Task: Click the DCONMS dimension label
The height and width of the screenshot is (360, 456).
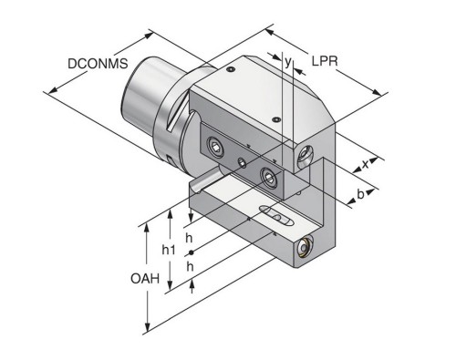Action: [x=98, y=64]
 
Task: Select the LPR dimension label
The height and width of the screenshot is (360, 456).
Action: [x=325, y=61]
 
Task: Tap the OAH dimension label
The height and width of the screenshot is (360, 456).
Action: [x=145, y=278]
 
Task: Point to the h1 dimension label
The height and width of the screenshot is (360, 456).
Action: [x=169, y=250]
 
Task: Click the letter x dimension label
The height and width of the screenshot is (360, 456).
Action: [x=365, y=164]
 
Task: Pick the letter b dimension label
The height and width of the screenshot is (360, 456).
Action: [x=360, y=194]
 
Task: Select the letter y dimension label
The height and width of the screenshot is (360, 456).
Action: [x=288, y=61]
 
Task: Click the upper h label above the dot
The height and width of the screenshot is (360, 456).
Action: [x=189, y=238]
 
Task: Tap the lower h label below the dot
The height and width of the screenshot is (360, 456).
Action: [x=190, y=267]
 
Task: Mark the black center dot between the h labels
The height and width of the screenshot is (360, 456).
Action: [x=191, y=252]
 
